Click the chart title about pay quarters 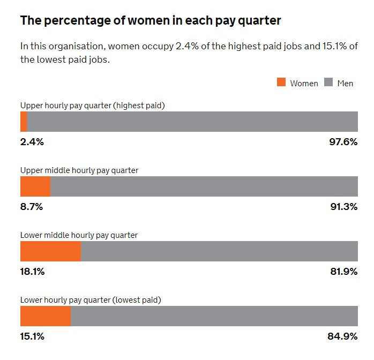(151, 21)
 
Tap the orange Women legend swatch (281, 82)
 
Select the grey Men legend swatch (328, 82)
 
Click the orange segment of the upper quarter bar (24, 122)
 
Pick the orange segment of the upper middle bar (35, 186)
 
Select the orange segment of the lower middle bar (50, 251)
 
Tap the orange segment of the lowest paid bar (46, 316)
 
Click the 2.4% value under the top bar (32, 142)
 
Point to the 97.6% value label (343, 142)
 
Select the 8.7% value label (32, 207)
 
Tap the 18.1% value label (32, 272)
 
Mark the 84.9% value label (342, 336)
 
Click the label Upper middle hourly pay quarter (79, 170)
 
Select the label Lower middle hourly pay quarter (79, 235)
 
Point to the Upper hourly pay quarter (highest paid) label (92, 106)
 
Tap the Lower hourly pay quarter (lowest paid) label (91, 300)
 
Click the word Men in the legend (345, 83)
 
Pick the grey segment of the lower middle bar (219, 251)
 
